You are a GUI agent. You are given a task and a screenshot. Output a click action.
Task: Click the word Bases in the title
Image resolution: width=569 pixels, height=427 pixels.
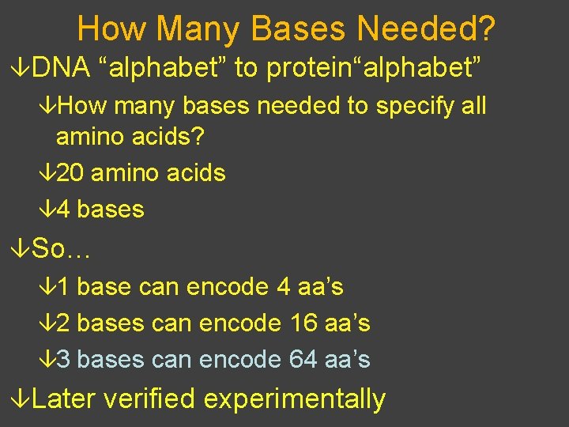pos(300,29)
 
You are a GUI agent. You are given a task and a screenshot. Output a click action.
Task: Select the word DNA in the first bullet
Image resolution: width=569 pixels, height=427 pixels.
pos(62,69)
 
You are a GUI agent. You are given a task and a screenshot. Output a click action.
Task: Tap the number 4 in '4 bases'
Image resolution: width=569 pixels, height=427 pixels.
pos(63,210)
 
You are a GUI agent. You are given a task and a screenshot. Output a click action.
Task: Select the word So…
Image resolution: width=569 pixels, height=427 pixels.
pos(62,249)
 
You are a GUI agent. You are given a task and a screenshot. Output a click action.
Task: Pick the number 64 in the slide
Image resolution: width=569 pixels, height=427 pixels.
pos(303,360)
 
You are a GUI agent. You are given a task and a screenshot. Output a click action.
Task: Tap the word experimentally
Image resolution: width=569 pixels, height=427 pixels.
pos(295,399)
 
